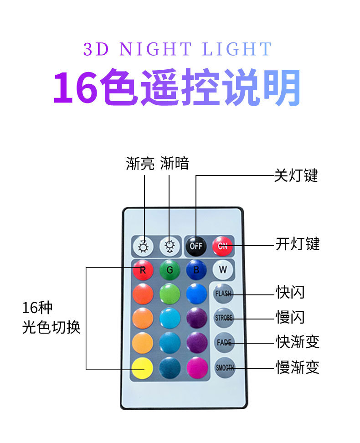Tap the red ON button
click(222, 246)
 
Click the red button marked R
click(143, 270)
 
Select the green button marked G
click(170, 270)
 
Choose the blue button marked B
click(196, 270)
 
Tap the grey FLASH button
click(223, 293)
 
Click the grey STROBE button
click(223, 318)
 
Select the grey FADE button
click(224, 342)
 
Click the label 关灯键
click(296, 175)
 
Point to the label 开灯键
click(298, 244)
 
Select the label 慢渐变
click(298, 367)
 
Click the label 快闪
click(290, 292)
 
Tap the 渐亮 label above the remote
click(140, 164)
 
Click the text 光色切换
click(51, 328)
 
